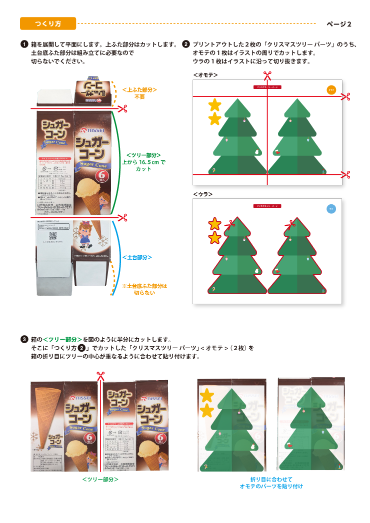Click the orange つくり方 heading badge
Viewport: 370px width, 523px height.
pyautogui.click(x=48, y=23)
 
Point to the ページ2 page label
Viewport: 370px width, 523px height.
pyautogui.click(x=339, y=24)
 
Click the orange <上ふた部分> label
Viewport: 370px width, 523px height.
pyautogui.click(x=139, y=89)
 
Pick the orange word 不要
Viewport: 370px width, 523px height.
pyautogui.click(x=139, y=96)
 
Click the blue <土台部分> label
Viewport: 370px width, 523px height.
pyautogui.click(x=137, y=257)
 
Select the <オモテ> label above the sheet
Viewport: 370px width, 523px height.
pyautogui.click(x=205, y=75)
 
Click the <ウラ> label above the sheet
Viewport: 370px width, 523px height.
pyautogui.click(x=202, y=194)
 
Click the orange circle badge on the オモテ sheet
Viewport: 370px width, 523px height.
pyautogui.click(x=330, y=89)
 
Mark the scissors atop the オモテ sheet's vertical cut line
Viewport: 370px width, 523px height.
pyautogui.click(x=267, y=75)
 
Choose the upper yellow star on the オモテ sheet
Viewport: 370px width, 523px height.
pyautogui.click(x=214, y=104)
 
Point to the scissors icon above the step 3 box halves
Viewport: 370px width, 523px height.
pyautogui.click(x=100, y=376)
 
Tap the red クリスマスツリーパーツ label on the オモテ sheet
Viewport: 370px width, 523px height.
pyautogui.click(x=267, y=87)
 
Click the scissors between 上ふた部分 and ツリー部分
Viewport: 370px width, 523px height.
pyautogui.click(x=122, y=108)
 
